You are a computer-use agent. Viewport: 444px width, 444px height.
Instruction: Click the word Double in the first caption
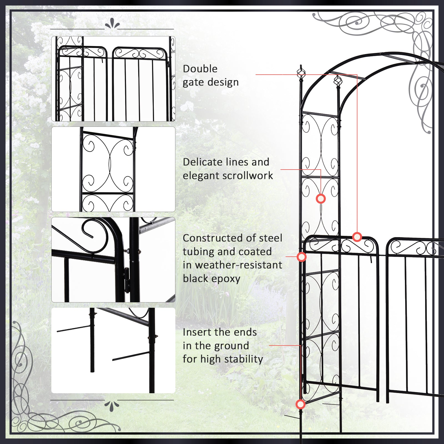tap(200, 69)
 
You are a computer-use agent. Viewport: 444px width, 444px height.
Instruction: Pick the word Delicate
tap(202, 162)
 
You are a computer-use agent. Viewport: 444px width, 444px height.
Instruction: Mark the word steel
tap(270, 238)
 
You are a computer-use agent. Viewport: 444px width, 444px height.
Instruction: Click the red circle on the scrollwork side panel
tap(321, 199)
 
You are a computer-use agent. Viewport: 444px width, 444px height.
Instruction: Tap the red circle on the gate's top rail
tap(357, 237)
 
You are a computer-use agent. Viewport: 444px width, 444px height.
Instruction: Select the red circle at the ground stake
tap(300, 404)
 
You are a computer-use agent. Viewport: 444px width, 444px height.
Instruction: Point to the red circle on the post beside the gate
tap(302, 257)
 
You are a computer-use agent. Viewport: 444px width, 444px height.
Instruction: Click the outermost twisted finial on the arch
tap(301, 73)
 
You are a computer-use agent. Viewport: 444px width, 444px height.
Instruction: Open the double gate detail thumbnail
tap(113, 79)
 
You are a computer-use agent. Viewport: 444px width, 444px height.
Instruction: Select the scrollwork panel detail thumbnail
tap(113, 169)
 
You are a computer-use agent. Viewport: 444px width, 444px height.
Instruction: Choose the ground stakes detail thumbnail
tap(113, 350)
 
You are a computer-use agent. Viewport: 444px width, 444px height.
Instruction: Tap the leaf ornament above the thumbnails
tap(112, 24)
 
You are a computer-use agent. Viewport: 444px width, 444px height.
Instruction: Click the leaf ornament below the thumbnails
tap(112, 406)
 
